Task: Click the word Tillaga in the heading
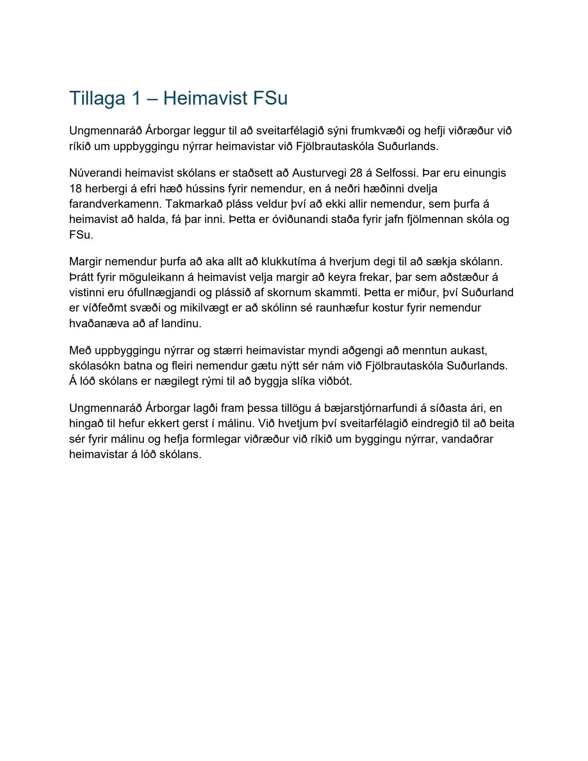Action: pyautogui.click(x=97, y=98)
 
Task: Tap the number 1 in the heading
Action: pyautogui.click(x=136, y=98)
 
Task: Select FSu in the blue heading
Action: pyautogui.click(x=270, y=98)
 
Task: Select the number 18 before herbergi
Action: pyautogui.click(x=75, y=188)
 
